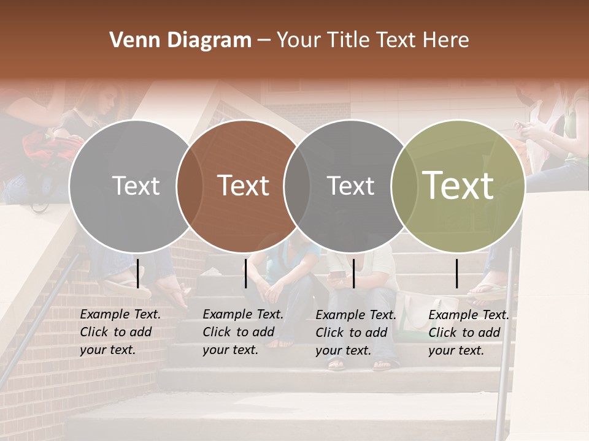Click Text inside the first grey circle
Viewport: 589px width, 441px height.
pos(136,186)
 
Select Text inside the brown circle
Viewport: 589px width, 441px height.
pos(244,186)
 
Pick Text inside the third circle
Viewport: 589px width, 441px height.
pos(350,186)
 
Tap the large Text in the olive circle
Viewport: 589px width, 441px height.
pos(458,186)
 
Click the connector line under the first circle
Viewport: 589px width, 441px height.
pos(138,273)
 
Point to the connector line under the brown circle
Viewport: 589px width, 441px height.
pos(245,273)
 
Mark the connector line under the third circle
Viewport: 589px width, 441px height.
pos(353,273)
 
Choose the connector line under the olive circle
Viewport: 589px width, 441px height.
pos(457,273)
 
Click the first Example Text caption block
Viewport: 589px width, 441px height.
pos(120,332)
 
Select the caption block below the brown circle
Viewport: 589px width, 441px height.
pos(243,332)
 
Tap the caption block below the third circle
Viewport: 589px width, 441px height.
pos(356,333)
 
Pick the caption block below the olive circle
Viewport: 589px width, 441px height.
pos(469,333)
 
